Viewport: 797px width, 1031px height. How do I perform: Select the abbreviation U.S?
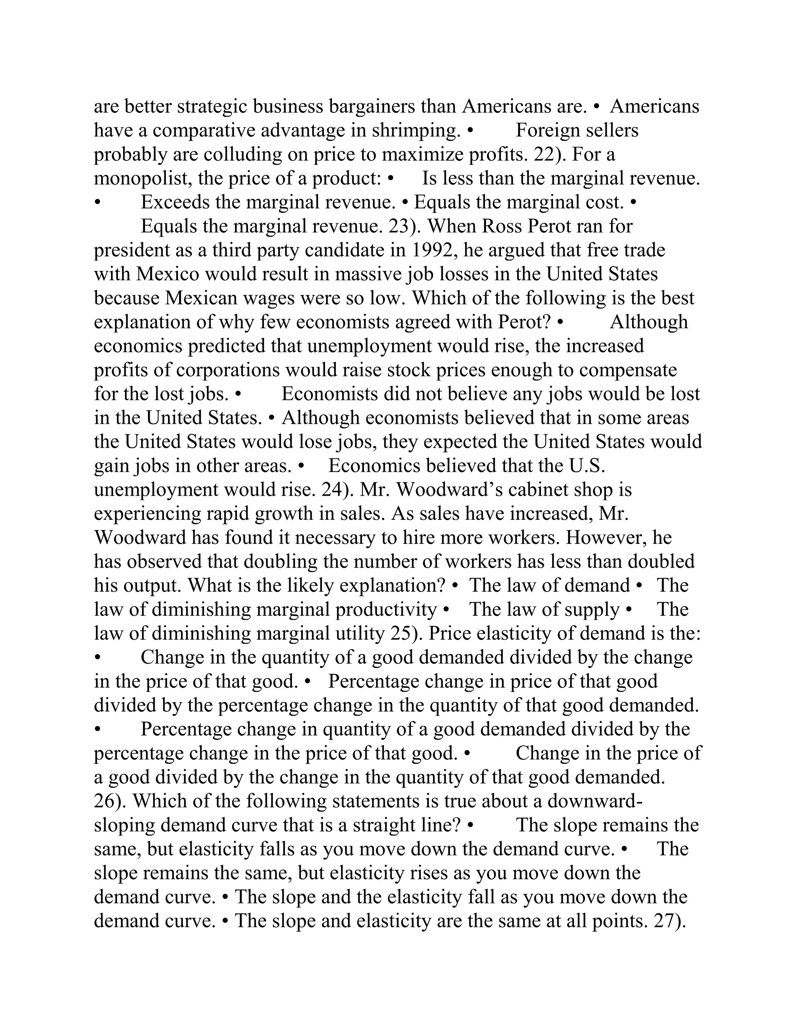point(587,466)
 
